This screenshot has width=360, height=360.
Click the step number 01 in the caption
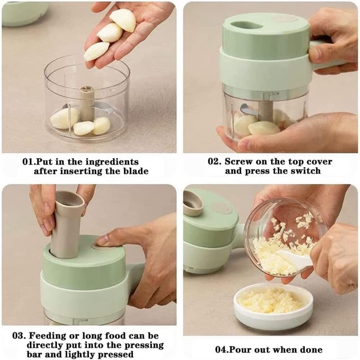click(28, 161)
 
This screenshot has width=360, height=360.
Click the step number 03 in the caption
click(18, 336)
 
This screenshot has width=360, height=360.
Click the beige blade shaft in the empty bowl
click(87, 103)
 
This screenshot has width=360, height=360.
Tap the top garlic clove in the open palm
click(123, 20)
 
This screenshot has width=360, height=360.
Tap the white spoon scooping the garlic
click(294, 259)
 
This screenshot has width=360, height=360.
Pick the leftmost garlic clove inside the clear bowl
click(64, 118)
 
